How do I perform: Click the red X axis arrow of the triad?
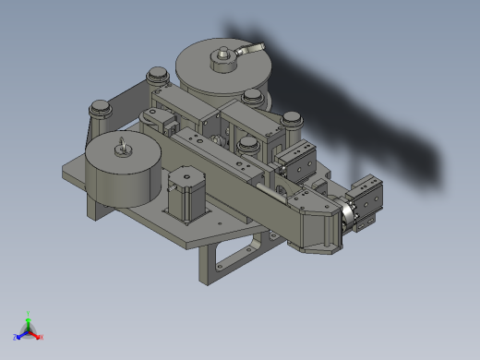tap(35, 333)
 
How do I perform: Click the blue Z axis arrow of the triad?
tap(21, 334)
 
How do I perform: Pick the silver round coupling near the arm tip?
tap(347, 216)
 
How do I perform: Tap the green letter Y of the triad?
tap(30, 313)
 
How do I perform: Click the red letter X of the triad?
tap(41, 337)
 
